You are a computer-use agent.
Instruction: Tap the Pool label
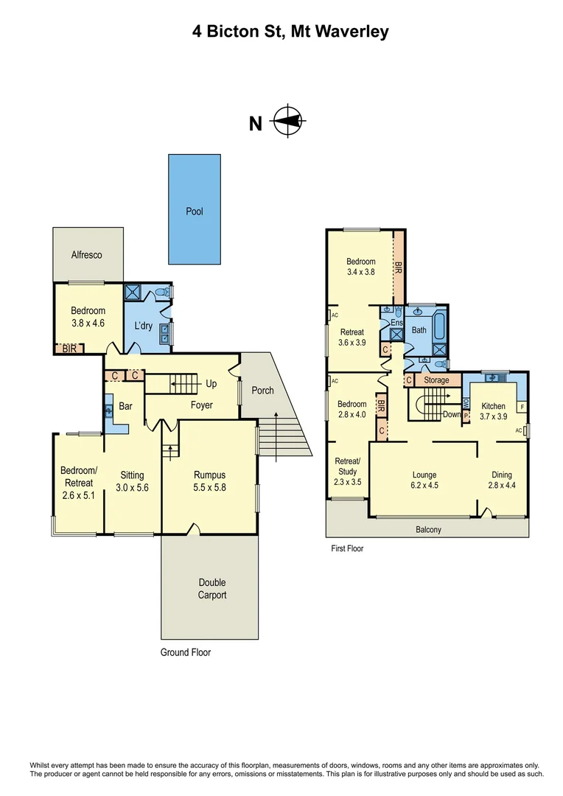194,212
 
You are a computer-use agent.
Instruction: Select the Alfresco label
86,255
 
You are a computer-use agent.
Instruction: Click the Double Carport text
211,588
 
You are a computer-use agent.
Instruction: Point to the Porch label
262,390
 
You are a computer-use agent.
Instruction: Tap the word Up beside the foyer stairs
211,384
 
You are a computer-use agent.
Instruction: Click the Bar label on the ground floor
125,405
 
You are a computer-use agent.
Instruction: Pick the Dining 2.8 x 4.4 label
502,481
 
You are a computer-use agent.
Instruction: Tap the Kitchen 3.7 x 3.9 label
493,411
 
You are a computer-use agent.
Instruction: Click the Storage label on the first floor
436,380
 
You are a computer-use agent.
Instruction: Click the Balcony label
428,529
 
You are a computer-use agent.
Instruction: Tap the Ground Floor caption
186,652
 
